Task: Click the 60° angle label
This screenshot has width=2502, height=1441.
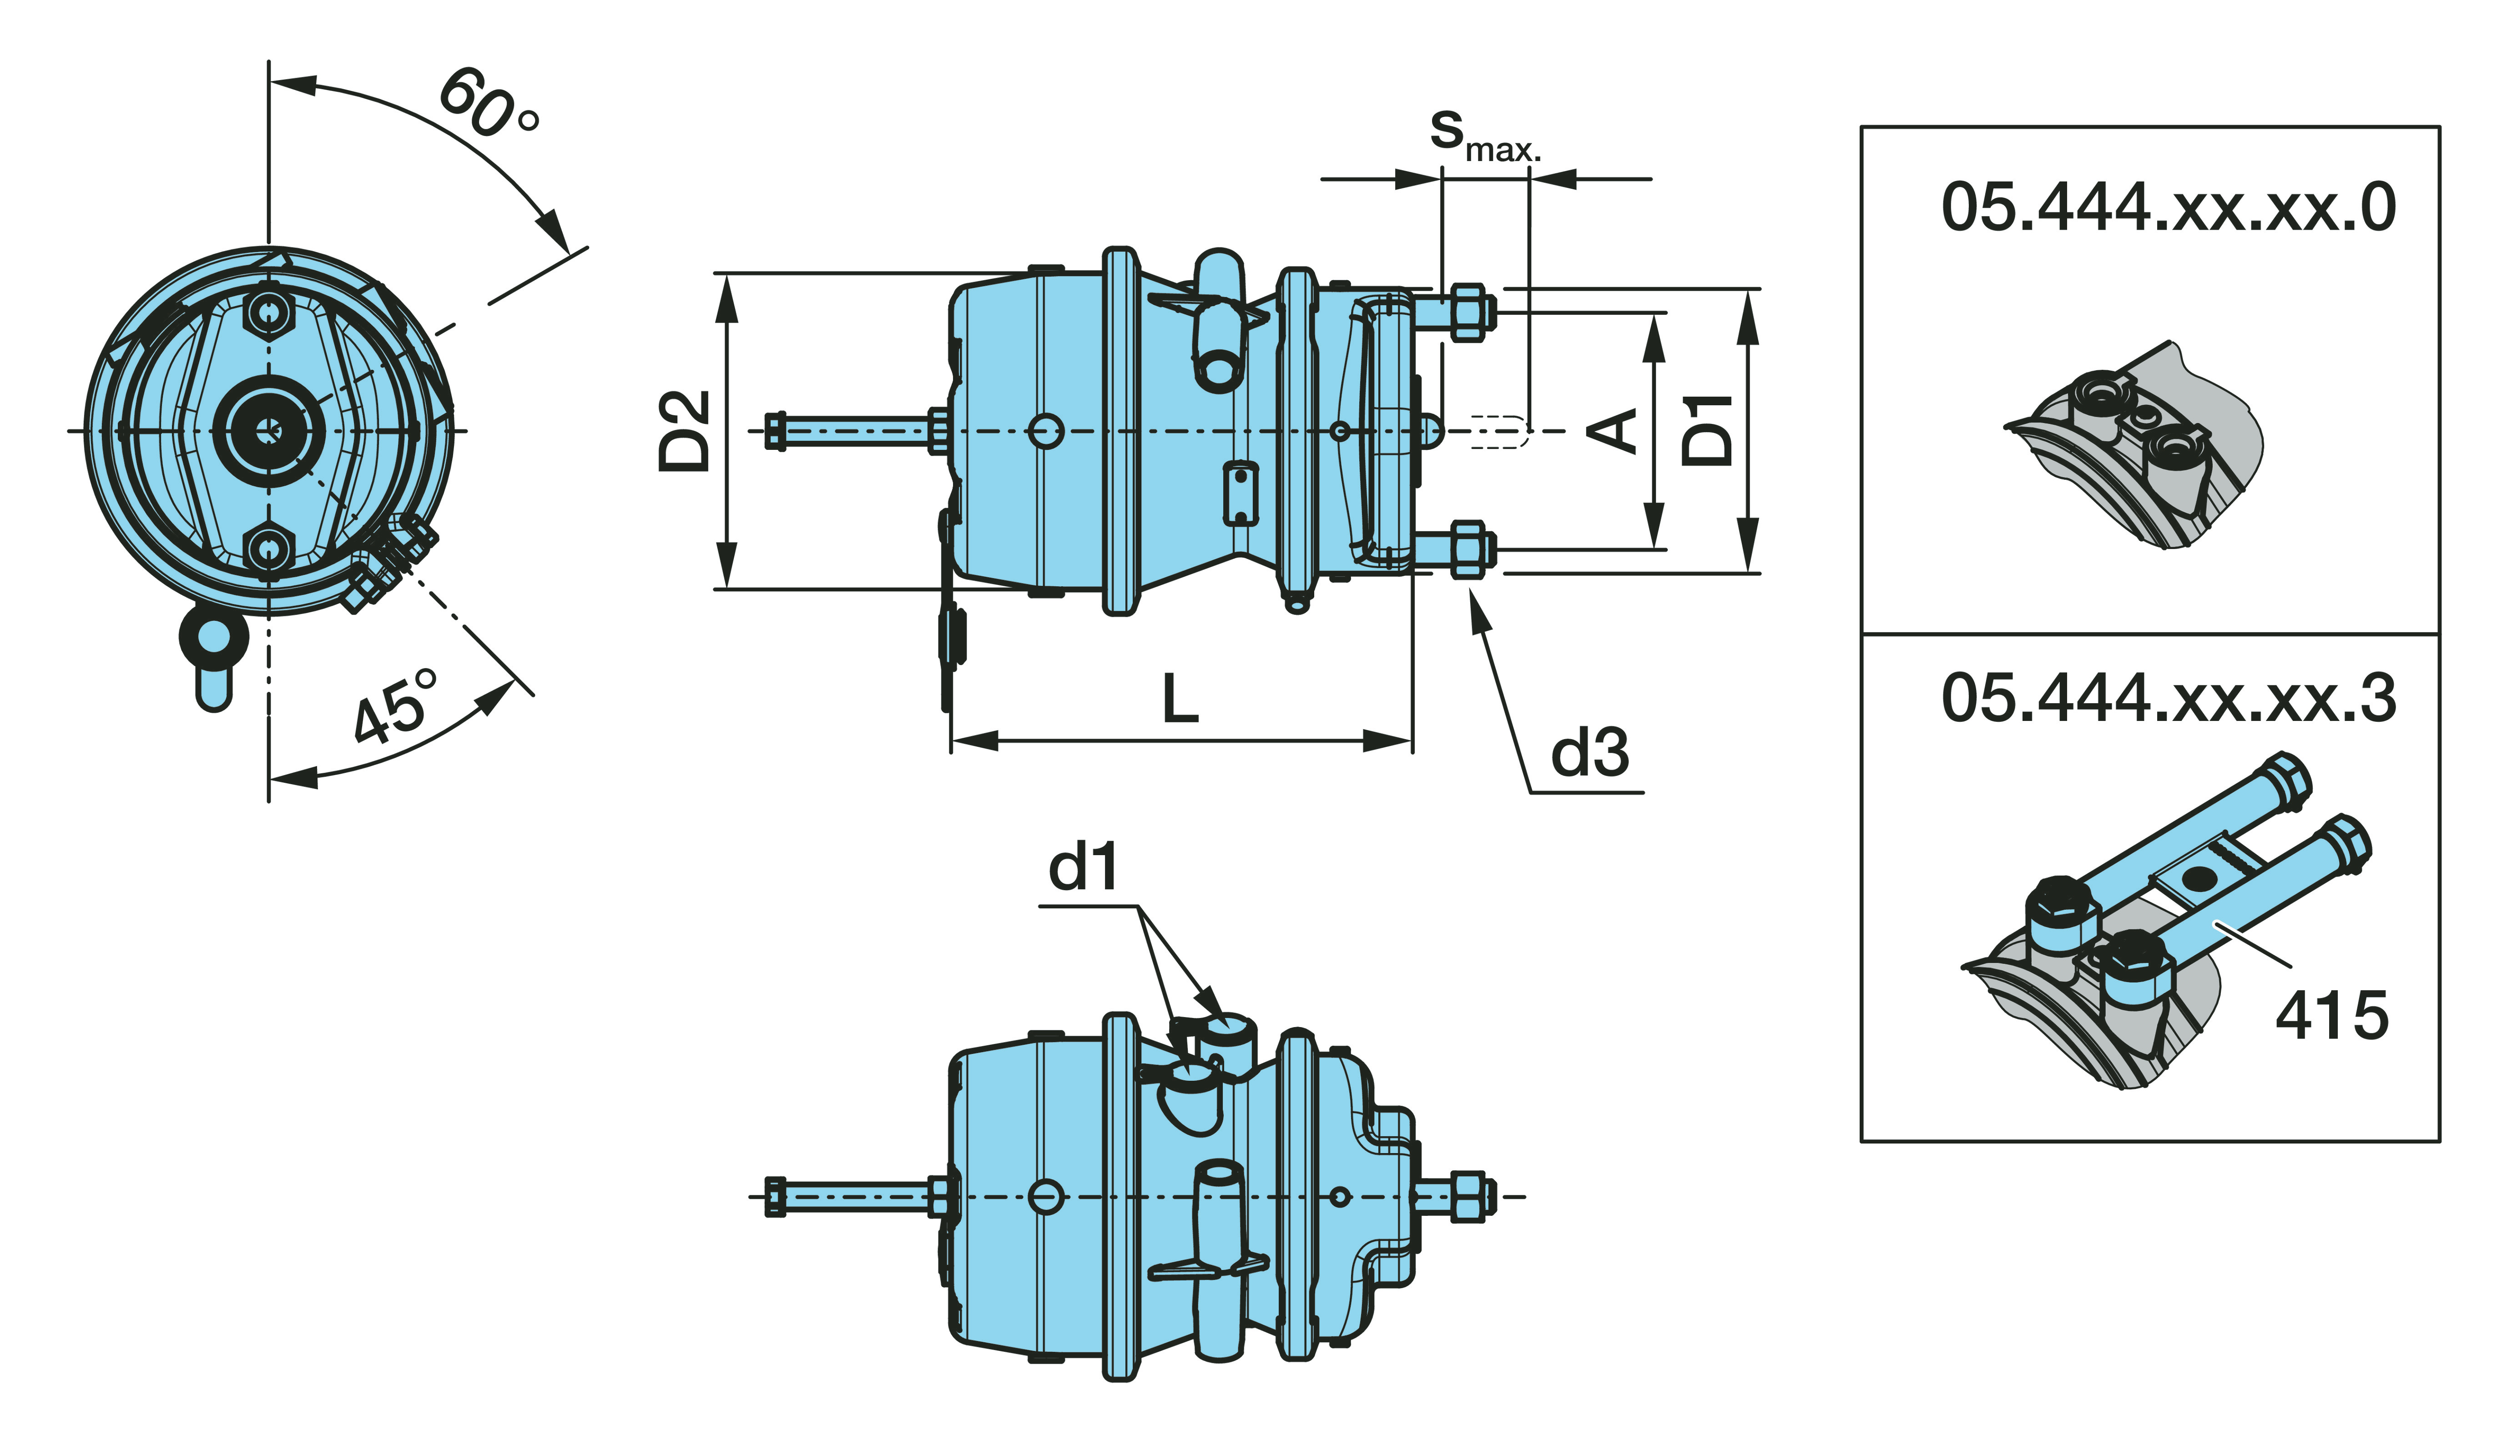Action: tap(487, 104)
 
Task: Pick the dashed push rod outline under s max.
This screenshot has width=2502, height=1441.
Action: tap(1499, 432)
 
